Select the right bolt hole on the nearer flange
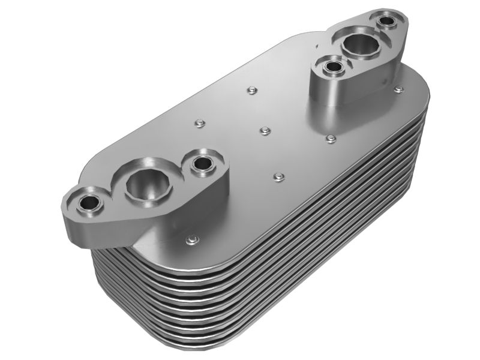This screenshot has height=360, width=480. pos(205,163)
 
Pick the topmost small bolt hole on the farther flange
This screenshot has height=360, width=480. pos(387,22)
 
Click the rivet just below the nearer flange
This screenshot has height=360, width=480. pos(191,239)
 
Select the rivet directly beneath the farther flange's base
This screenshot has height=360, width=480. pos(330,139)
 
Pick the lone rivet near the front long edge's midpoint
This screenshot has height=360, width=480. pos(277,176)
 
